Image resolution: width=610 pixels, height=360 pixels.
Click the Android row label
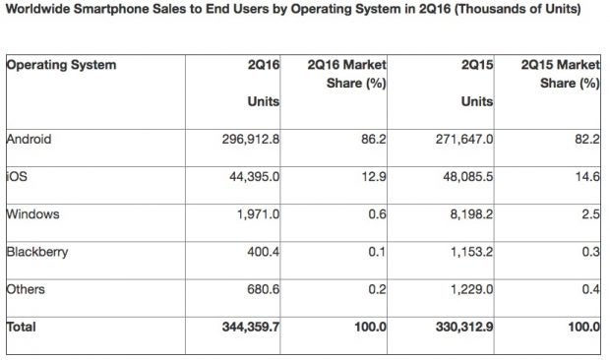click(29, 139)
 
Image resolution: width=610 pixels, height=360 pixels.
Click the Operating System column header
click(61, 65)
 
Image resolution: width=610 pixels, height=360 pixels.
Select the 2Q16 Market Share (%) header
click(346, 74)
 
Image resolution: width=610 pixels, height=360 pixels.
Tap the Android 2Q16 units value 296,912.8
click(246, 140)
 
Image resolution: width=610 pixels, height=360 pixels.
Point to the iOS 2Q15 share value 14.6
click(587, 176)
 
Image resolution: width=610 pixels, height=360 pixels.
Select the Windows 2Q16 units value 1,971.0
click(259, 213)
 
